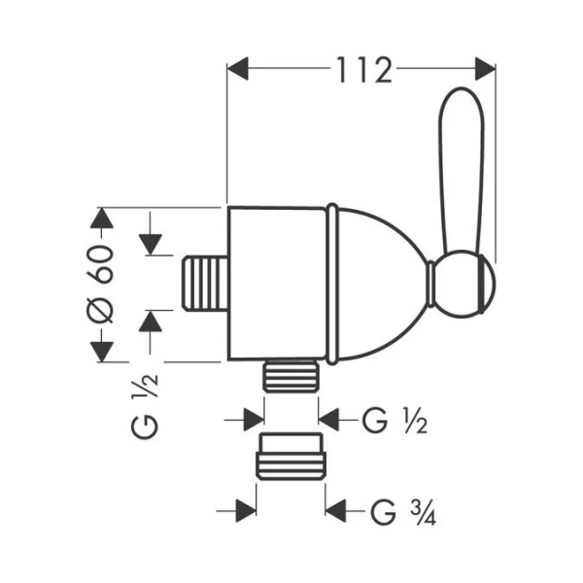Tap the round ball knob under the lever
464,288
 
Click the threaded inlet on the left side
204,284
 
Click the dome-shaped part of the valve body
379,282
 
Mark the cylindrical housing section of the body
276,282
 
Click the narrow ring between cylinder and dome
331,282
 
